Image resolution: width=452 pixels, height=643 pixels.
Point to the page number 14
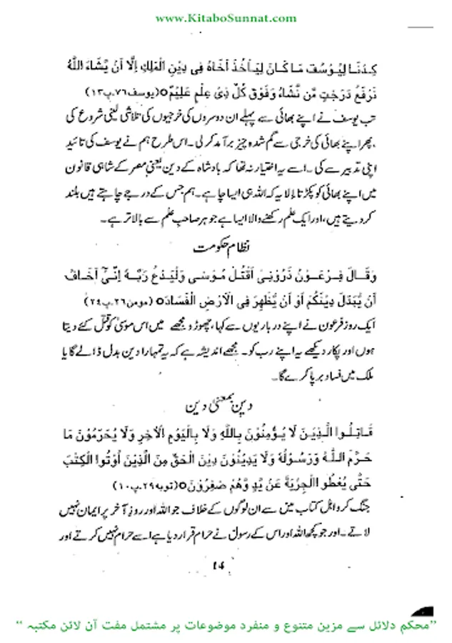coord(217,566)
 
